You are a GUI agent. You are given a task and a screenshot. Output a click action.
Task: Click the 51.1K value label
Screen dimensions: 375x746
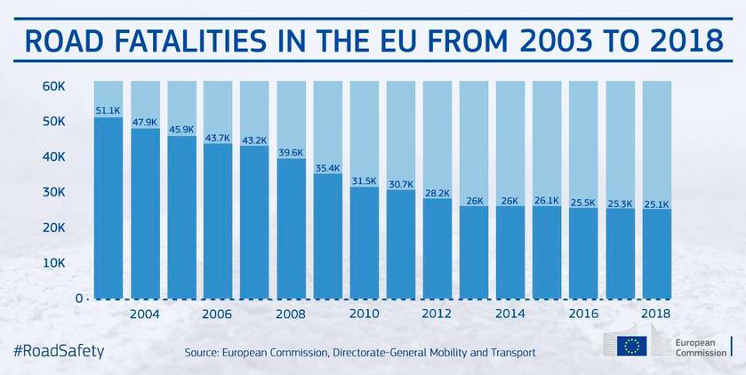108,111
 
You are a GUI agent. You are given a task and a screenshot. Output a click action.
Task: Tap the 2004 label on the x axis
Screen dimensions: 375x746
145,315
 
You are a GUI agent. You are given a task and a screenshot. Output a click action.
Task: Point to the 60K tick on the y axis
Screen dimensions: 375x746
55,86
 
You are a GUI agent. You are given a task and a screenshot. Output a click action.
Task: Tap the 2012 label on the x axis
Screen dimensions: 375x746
437,315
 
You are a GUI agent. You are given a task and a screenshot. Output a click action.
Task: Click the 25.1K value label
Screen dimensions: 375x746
655,203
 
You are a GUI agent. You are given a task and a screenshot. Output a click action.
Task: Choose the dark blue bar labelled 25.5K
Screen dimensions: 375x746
582,253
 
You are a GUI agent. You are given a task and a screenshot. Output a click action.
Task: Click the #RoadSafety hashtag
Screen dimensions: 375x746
58,350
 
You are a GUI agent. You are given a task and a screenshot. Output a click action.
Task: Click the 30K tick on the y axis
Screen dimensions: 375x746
55,192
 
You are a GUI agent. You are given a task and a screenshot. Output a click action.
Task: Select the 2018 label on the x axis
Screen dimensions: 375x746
655,315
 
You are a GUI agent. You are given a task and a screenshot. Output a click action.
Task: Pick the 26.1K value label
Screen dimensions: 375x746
546,200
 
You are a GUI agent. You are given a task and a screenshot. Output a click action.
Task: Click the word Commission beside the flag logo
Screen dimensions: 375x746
702,354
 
